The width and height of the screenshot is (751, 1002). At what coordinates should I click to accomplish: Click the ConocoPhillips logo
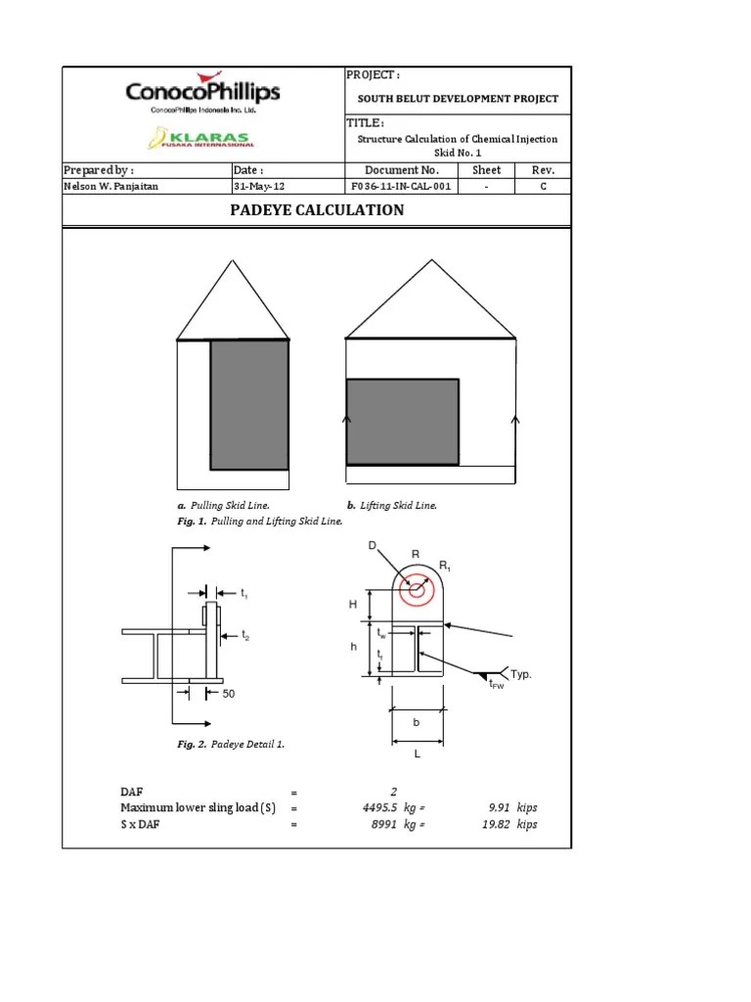pyautogui.click(x=202, y=94)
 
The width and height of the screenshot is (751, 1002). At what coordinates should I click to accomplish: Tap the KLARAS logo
pyautogui.click(x=199, y=140)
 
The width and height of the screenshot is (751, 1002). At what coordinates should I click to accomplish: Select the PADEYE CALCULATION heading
pyautogui.click(x=317, y=210)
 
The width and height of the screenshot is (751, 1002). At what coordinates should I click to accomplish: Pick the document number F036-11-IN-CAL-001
pyautogui.click(x=400, y=186)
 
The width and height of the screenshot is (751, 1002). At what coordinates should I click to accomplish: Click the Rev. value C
pyautogui.click(x=543, y=186)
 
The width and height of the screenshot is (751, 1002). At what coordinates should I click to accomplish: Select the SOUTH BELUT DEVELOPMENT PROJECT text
pyautogui.click(x=458, y=99)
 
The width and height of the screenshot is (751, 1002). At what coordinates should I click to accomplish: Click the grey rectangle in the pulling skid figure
pyautogui.click(x=249, y=404)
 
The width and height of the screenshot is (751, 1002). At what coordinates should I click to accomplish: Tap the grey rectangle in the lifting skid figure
pyautogui.click(x=403, y=421)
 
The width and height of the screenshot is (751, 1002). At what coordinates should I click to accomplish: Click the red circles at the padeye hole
pyautogui.click(x=418, y=590)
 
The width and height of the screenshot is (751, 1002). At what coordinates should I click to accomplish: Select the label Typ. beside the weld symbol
pyautogui.click(x=521, y=675)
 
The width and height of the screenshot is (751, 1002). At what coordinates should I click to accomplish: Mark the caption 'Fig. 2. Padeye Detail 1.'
pyautogui.click(x=231, y=745)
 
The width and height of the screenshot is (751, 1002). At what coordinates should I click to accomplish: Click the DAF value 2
pyautogui.click(x=393, y=792)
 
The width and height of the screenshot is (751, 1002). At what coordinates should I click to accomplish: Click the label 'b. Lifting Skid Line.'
pyautogui.click(x=391, y=506)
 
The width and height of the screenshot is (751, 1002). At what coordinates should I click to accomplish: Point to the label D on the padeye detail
pyautogui.click(x=373, y=546)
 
